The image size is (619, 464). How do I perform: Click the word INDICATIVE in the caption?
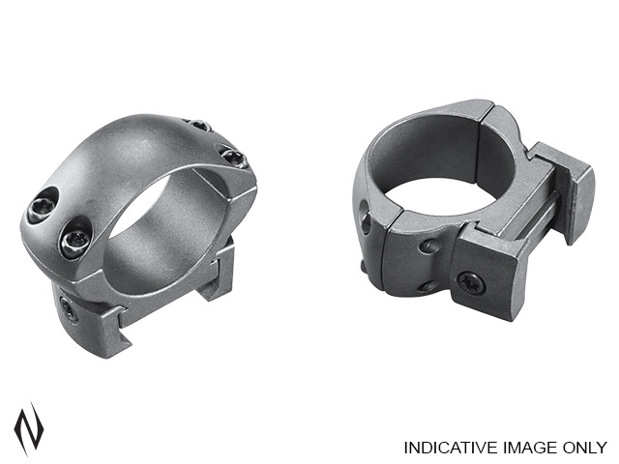(x=447, y=448)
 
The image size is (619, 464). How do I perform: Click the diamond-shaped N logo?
(x=28, y=428)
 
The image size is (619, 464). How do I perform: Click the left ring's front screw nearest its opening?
(x=75, y=241)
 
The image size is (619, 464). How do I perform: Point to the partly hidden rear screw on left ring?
(x=200, y=125)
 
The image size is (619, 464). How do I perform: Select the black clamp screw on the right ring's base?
(x=471, y=282)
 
